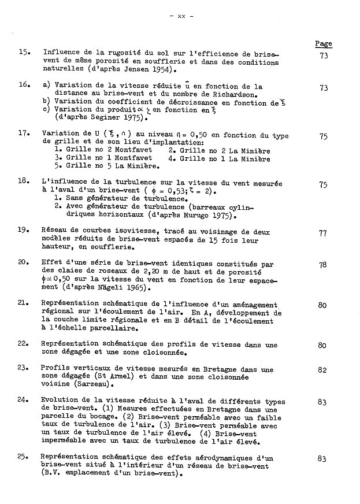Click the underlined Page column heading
(323, 43)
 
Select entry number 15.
(24, 52)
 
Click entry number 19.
(24, 229)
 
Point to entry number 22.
(24, 343)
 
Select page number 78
(322, 265)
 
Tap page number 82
(322, 370)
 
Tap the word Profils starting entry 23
(56, 368)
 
